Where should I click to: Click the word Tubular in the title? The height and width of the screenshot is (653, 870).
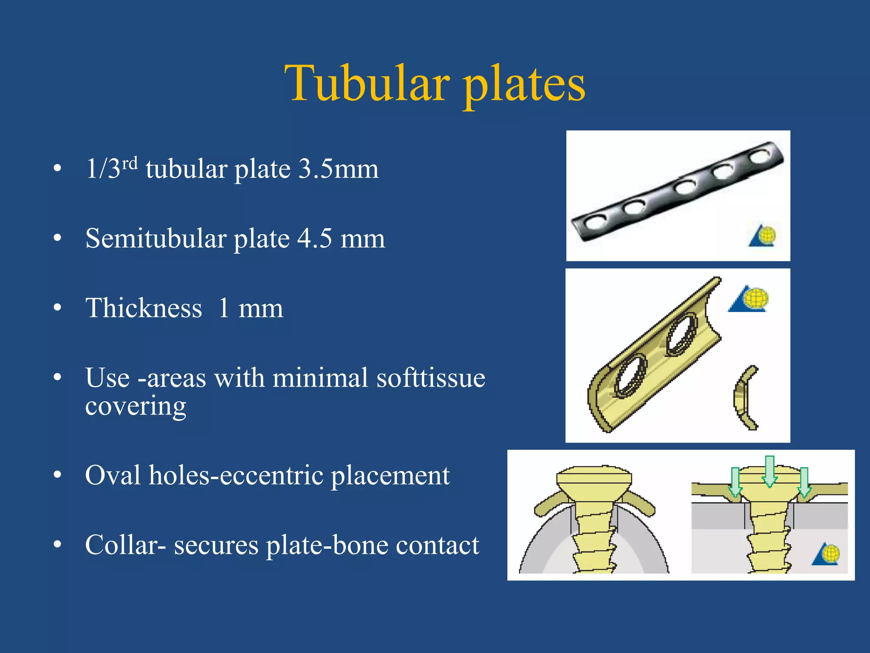[x=367, y=84]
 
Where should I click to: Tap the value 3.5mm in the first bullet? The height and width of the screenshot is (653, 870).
[x=338, y=169]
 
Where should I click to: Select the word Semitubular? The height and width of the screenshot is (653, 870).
[x=155, y=238]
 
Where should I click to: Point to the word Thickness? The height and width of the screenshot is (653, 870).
[x=144, y=308]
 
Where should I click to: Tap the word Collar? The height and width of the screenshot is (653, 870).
[x=121, y=545]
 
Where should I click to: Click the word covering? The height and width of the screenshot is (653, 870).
[x=136, y=406]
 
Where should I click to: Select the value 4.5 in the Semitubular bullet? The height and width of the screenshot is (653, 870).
[x=314, y=238]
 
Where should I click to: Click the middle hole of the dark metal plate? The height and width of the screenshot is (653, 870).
[x=685, y=187]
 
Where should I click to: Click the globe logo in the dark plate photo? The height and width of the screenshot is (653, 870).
[x=763, y=236]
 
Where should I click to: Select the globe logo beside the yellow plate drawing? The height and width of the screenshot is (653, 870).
[x=750, y=299]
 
